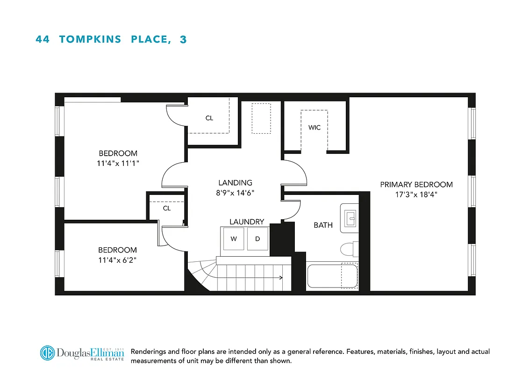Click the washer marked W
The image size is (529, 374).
(x=234, y=239)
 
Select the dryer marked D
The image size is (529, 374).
(x=257, y=239)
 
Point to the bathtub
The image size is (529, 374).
(x=332, y=276)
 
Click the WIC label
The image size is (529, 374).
(x=315, y=127)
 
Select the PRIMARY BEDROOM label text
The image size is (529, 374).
(x=416, y=185)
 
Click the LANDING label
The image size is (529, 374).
(x=235, y=183)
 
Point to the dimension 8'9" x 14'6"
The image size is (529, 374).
(x=235, y=193)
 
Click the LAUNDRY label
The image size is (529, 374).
(x=246, y=222)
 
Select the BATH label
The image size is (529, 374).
(x=323, y=225)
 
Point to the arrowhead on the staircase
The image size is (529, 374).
(x=281, y=278)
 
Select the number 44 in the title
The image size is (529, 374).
(x=43, y=39)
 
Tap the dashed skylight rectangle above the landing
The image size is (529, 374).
(x=261, y=118)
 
